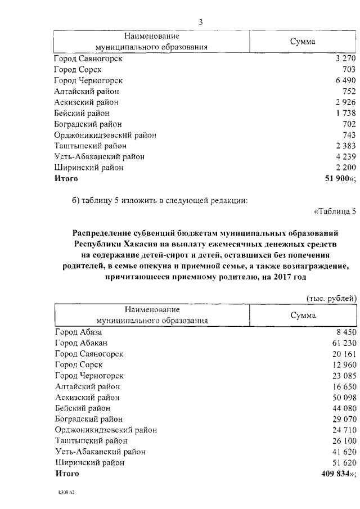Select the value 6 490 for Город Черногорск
tap(344, 80)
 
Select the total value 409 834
tap(335, 474)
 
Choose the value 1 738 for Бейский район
tap(344, 113)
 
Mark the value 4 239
tap(344, 157)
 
